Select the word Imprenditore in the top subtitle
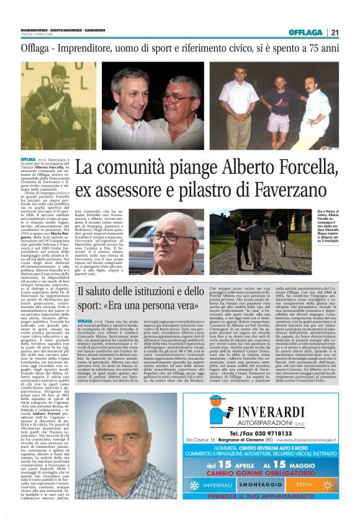tap(102, 48)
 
